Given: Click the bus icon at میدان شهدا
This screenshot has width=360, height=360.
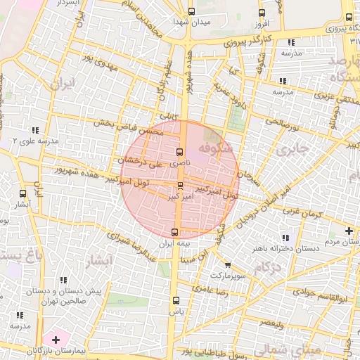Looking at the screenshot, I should [x=192, y=11].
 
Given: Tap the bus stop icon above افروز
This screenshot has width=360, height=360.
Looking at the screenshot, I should [x=262, y=13].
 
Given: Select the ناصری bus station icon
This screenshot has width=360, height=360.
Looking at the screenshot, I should [x=179, y=152].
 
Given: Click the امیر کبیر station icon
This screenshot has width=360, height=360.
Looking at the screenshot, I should [x=182, y=186].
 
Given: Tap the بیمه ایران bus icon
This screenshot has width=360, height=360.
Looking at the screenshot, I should [x=174, y=232].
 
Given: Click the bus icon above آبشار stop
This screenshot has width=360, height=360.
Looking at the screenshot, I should [x=23, y=193].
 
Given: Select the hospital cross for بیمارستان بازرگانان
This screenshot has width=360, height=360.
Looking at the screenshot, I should [x=56, y=340].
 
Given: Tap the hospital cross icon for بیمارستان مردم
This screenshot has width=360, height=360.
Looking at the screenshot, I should [x=349, y=231].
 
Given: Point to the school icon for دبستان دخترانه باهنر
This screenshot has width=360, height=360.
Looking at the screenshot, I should [x=285, y=238].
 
